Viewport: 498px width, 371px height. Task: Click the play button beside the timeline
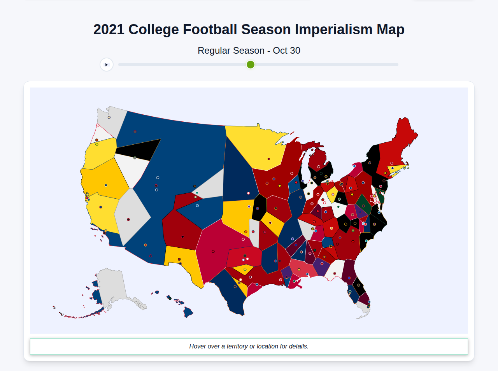coord(106,65)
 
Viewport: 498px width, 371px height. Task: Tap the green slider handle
coord(251,65)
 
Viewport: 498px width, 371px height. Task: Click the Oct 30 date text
coord(286,51)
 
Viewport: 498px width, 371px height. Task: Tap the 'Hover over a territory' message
coord(249,346)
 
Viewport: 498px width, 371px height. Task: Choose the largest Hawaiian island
coord(188,312)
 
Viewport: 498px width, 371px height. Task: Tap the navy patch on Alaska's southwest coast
coord(96,294)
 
